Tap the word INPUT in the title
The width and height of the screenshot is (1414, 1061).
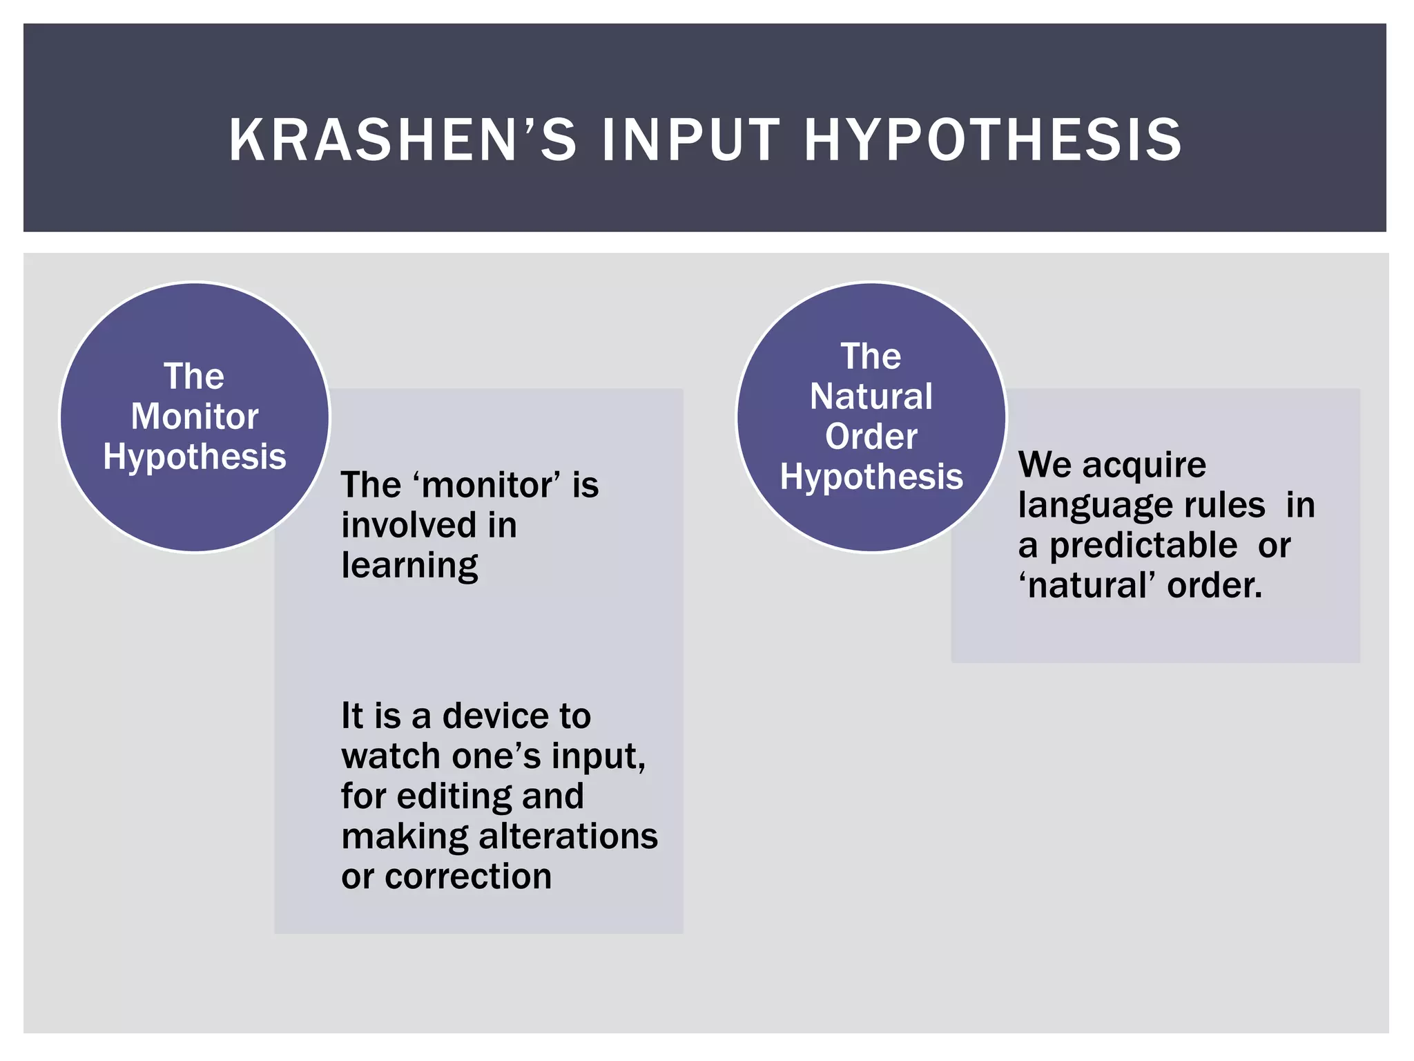pyautogui.click(x=691, y=140)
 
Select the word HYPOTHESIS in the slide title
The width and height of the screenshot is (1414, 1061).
pyautogui.click(x=994, y=140)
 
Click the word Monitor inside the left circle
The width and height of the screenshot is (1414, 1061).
pyautogui.click(x=195, y=417)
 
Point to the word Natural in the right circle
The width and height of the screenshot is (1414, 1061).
pyautogui.click(x=871, y=396)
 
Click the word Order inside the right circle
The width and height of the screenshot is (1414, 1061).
pyautogui.click(x=871, y=437)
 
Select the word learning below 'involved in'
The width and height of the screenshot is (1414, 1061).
pyautogui.click(x=409, y=566)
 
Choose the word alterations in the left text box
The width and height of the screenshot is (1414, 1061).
pyautogui.click(x=568, y=837)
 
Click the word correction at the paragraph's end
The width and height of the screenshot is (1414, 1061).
pyautogui.click(x=468, y=877)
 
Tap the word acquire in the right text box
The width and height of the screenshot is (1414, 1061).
pyautogui.click(x=1144, y=466)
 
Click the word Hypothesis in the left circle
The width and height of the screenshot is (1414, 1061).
pyautogui.click(x=195, y=457)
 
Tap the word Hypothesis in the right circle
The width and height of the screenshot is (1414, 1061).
pyautogui.click(x=871, y=477)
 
